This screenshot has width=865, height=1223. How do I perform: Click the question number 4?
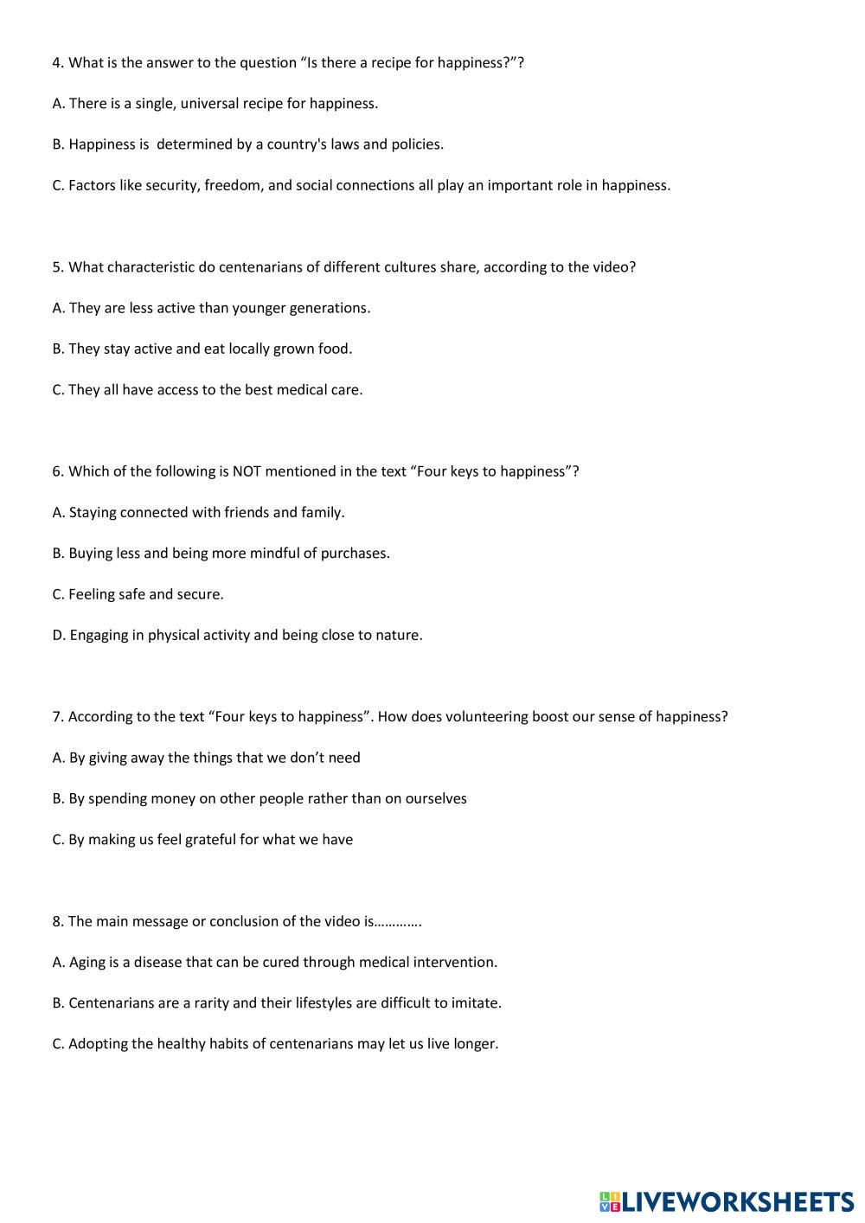click(x=57, y=62)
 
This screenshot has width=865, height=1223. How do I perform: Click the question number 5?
click(x=57, y=267)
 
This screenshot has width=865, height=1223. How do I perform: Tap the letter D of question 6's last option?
click(x=58, y=636)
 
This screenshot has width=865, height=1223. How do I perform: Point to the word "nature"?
click(x=398, y=636)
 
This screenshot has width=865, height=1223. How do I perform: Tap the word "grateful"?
click(x=208, y=840)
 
